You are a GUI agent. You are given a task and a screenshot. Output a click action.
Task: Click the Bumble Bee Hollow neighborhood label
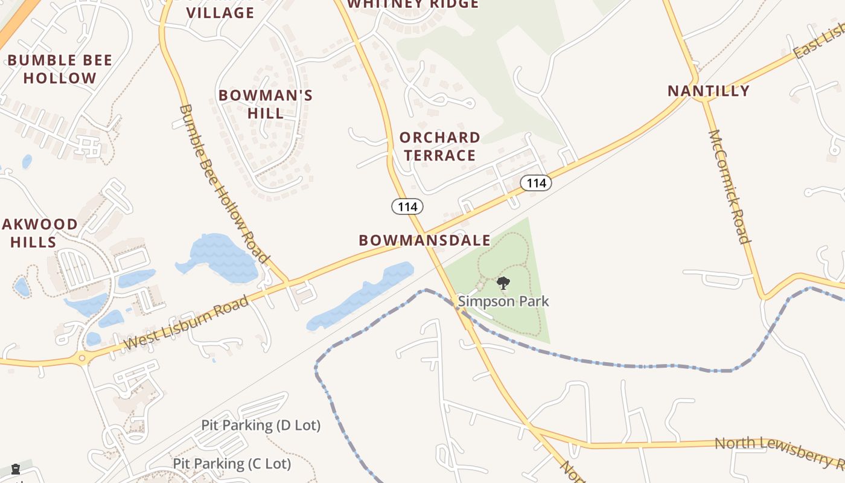coord(60,69)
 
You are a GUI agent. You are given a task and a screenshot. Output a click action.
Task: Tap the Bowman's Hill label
coord(266,104)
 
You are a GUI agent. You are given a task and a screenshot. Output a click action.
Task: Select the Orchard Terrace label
coord(439,146)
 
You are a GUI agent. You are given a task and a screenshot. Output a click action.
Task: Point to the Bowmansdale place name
coord(424,240)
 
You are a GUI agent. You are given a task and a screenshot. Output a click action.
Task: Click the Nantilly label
coord(709,91)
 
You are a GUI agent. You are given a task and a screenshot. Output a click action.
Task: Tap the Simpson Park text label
coord(503,301)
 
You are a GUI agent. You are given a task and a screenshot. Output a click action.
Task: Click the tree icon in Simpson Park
coord(503,283)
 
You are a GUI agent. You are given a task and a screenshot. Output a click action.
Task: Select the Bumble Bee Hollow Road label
coord(224,184)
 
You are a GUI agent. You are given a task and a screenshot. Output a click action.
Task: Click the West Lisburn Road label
coord(186,322)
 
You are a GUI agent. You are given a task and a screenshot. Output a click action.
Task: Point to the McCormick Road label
coord(729,187)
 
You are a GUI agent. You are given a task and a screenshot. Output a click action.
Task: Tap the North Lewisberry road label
coord(779,452)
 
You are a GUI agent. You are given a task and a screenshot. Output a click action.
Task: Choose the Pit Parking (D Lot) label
coord(261,425)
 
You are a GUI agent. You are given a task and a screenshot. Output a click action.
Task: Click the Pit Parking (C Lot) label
coord(232,464)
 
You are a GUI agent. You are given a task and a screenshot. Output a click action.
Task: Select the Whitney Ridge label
coord(413,4)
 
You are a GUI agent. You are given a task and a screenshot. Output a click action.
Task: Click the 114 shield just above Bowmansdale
coord(407,206)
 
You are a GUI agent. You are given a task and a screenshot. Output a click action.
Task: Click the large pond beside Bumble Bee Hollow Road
coord(220,258)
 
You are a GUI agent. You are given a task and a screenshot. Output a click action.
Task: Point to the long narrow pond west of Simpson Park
coord(362,296)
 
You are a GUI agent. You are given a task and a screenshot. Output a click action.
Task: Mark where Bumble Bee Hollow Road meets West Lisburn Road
coord(287,282)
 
